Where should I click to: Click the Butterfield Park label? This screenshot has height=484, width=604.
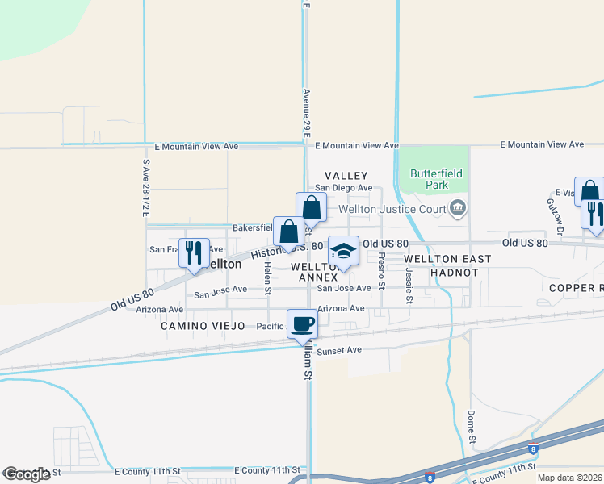tap(429, 178)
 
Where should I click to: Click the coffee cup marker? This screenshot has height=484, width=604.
tap(302, 323)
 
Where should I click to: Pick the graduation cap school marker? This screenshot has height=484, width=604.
tap(343, 251)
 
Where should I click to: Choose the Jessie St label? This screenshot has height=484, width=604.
tap(409, 286)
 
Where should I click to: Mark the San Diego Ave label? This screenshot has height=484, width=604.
tap(343, 188)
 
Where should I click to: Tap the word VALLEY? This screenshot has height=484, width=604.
tap(346, 175)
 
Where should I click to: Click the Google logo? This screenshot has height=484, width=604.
tap(27, 474)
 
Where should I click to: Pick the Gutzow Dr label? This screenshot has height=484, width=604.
tap(552, 212)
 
